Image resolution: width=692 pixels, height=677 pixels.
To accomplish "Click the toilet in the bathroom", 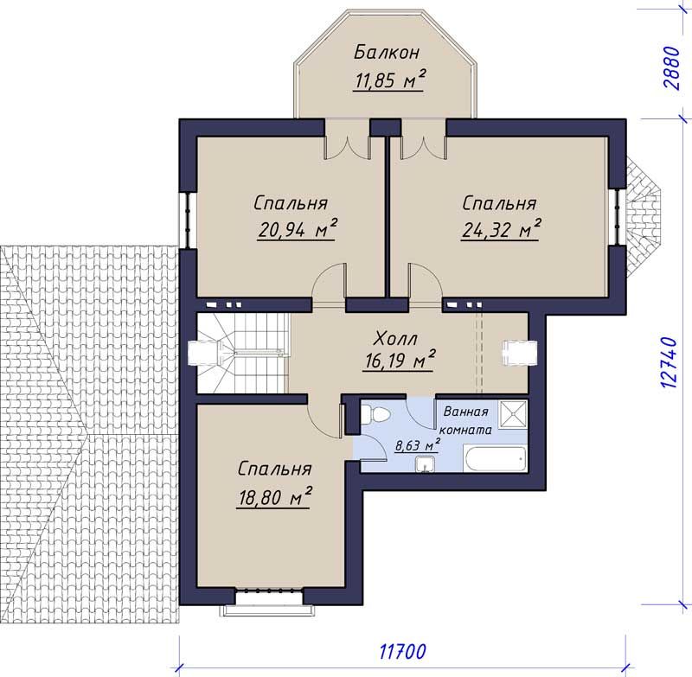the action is click(375, 414).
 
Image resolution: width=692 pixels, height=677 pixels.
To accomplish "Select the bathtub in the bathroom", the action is click(495, 459).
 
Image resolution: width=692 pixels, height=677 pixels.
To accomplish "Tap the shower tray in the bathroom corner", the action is click(513, 414).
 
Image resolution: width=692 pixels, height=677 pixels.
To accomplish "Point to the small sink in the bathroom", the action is click(425, 464).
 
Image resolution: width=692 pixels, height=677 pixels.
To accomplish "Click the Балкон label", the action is click(387, 53).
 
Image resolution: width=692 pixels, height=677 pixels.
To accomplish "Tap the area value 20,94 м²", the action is click(298, 230).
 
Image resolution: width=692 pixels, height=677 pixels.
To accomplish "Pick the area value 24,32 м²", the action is click(502, 229).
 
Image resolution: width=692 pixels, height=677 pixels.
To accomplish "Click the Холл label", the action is click(395, 339).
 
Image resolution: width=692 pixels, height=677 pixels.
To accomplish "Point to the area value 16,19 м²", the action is click(399, 361).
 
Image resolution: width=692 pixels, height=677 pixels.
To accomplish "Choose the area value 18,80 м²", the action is click(274, 498).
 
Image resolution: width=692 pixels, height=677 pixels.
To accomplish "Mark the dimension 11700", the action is click(402, 651).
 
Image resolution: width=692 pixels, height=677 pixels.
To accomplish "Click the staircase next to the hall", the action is click(242, 353).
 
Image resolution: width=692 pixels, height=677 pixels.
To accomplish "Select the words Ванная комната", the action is click(466, 421).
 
